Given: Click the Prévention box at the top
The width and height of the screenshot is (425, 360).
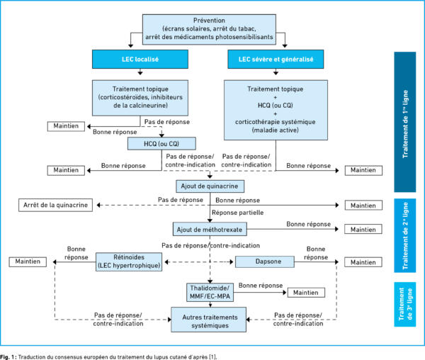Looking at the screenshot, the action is tap(209, 29).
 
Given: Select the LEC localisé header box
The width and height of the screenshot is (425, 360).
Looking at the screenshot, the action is tap(140, 59).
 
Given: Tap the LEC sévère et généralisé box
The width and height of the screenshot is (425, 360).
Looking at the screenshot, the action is tap(276, 59).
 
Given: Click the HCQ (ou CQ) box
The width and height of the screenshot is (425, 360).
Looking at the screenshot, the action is tap(161, 143).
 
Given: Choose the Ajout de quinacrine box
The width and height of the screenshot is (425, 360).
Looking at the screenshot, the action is tap(210, 186).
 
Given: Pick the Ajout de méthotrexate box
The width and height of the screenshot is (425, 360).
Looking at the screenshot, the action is tap(210, 230).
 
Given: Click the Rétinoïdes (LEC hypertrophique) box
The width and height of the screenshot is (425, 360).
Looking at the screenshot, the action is tap(129, 261).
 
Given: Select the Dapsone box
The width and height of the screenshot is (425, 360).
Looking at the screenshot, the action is tap(264, 261).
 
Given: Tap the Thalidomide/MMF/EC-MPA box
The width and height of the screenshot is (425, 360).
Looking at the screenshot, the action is tap(210, 292).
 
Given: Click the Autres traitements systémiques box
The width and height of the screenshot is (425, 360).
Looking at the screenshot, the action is tap(208, 320).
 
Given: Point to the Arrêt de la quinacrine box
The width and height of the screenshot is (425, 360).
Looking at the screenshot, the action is tap(55, 205).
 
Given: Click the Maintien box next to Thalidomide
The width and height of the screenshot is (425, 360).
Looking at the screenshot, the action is tap(306, 293).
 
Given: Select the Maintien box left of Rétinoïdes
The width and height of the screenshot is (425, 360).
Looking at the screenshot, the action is tap(28, 262).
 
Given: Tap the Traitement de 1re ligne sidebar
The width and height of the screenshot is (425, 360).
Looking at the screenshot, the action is tap(405, 122).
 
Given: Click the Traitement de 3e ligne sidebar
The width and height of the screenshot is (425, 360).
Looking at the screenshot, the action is tap(405, 305).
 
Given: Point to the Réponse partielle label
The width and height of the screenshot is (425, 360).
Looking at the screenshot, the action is tap(237, 213).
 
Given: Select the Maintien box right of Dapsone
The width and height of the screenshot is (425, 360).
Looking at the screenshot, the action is tap(363, 262).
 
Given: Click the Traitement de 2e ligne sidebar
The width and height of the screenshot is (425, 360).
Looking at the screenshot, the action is tap(405, 235).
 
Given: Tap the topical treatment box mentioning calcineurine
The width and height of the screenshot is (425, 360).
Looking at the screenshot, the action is tap(140, 98).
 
